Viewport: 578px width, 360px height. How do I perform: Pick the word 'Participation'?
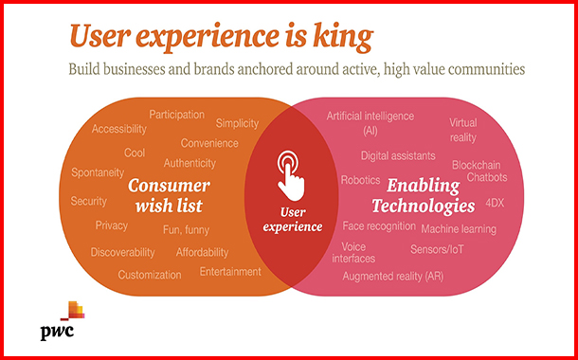coord(176,115)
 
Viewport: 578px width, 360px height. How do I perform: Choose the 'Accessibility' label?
coord(119,129)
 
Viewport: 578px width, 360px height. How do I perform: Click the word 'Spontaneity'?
coord(98,172)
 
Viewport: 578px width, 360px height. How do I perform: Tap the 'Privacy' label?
coord(112,225)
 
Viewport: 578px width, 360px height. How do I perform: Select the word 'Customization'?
coord(150,275)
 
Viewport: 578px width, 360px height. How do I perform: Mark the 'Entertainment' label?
coord(230,272)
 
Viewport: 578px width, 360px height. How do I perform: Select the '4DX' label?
coord(495,202)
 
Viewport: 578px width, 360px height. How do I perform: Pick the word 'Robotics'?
coord(360,179)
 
